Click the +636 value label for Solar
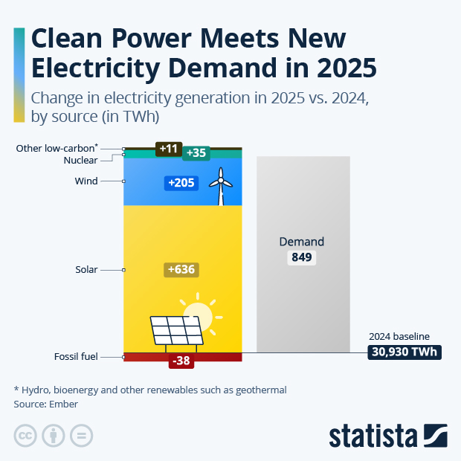181,269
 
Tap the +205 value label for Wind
181,183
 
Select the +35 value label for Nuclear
196,152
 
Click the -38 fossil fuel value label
181,361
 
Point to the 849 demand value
303,258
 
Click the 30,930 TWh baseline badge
405,352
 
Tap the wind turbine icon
219,186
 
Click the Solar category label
86,270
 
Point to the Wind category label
86,181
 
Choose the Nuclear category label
81,160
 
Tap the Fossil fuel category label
76,357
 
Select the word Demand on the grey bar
302,242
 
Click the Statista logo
387,435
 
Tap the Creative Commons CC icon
26,436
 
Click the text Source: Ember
46,404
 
